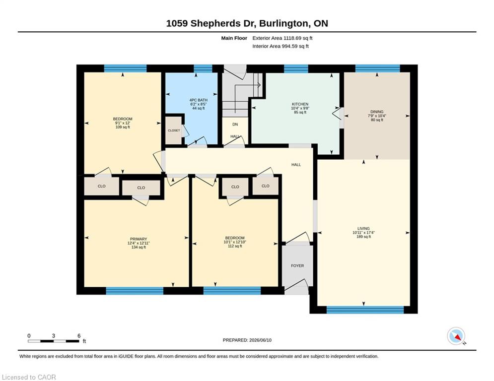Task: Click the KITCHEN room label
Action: pyautogui.click(x=300, y=104)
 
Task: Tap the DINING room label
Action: pyautogui.click(x=377, y=112)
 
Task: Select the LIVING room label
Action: pyautogui.click(x=363, y=229)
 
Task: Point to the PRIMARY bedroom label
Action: pyautogui.click(x=139, y=239)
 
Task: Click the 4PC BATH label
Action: pyautogui.click(x=199, y=100)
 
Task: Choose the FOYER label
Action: pyautogui.click(x=297, y=266)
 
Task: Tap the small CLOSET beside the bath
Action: pyautogui.click(x=174, y=130)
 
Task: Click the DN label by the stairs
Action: pyautogui.click(x=235, y=125)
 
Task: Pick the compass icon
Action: pyautogui.click(x=456, y=336)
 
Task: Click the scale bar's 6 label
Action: pyautogui.click(x=79, y=336)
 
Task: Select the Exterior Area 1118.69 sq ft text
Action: pyautogui.click(x=282, y=38)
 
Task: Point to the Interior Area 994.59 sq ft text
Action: pyautogui.click(x=281, y=46)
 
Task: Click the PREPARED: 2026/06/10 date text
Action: pyautogui.click(x=247, y=340)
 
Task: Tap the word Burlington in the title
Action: pyautogui.click(x=285, y=23)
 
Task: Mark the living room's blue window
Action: pyautogui.click(x=365, y=310)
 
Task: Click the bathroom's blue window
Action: pyautogui.click(x=203, y=68)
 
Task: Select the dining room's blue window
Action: pyautogui.click(x=377, y=68)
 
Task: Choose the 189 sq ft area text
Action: pyautogui.click(x=363, y=237)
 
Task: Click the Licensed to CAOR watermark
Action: pyautogui.click(x=29, y=377)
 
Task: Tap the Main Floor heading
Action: pyautogui.click(x=234, y=38)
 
